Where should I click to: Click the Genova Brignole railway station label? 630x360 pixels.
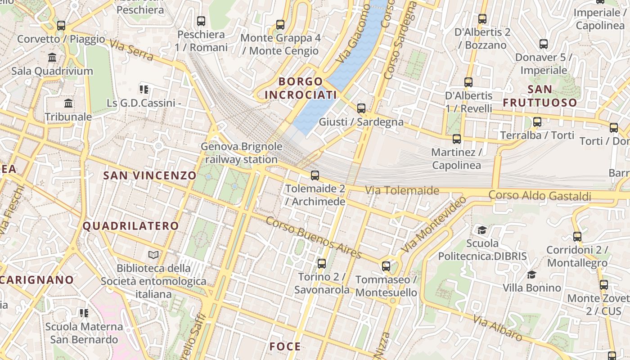242,153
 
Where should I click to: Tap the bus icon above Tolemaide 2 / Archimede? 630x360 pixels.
315,175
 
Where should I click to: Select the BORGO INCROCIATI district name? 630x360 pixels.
301,88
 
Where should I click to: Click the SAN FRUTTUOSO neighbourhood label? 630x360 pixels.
540,96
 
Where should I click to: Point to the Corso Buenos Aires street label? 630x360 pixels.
314,238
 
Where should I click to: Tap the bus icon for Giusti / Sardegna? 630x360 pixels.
361,108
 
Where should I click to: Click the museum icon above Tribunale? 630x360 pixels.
68,103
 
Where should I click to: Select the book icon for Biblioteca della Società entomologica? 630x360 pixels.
153,255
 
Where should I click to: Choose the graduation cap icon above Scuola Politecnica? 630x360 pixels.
482,230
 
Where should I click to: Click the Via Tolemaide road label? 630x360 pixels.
402,190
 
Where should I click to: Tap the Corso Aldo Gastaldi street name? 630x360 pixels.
540,196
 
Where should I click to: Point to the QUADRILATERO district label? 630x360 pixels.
130,226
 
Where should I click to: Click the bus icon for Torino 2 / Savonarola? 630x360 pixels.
321,263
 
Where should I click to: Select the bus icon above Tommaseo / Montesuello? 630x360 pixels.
386,266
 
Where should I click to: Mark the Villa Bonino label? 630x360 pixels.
531,288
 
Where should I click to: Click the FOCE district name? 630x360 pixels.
285,346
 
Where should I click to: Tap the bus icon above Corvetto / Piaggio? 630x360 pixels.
61,25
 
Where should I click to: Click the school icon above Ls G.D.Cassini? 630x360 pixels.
144,89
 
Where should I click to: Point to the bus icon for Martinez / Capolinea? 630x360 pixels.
456,139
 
